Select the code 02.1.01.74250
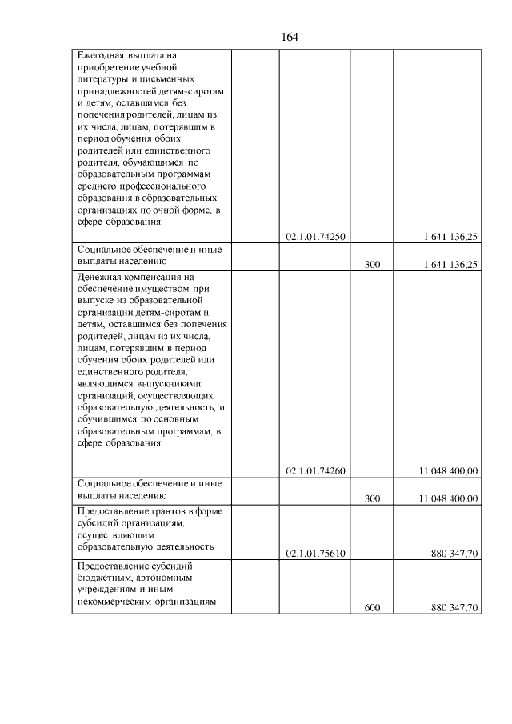click(314, 237)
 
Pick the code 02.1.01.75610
click(314, 552)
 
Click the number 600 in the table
click(372, 608)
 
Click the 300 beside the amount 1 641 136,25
click(372, 264)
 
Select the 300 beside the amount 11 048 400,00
click(372, 498)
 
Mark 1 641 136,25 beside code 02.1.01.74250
click(451, 237)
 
